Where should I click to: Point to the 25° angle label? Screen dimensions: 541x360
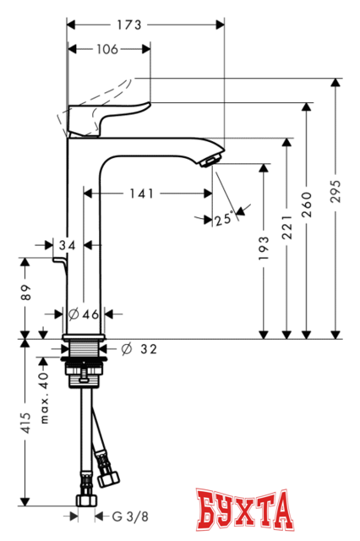tap(223, 219)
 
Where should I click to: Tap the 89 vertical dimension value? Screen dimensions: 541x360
tap(26, 292)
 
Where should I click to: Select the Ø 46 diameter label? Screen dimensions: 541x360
tap(85, 314)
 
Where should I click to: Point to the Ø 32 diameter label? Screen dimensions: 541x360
tap(139, 347)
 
